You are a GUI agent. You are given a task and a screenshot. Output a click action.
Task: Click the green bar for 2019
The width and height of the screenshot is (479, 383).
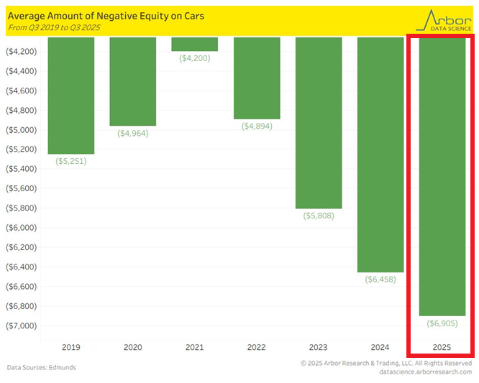tap(70, 96)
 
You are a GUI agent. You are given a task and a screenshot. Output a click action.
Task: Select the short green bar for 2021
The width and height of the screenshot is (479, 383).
tap(195, 44)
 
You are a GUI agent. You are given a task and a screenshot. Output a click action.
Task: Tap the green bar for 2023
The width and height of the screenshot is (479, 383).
tap(319, 122)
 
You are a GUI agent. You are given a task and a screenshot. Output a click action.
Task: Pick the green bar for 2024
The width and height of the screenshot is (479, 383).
tap(380, 154)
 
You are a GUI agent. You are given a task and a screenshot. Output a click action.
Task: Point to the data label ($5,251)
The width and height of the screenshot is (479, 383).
tap(70, 162)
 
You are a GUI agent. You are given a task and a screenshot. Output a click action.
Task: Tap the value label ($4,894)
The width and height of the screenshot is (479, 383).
tap(257, 127)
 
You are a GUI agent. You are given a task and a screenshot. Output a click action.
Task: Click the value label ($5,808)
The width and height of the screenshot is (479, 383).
tap(319, 216)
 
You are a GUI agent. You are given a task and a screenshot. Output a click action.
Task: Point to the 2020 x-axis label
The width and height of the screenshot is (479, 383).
tap(132, 347)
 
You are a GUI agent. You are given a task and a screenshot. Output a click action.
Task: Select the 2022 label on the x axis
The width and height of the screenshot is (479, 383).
tap(257, 347)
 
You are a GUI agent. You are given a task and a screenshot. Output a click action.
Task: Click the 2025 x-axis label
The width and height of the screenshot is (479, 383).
tap(442, 347)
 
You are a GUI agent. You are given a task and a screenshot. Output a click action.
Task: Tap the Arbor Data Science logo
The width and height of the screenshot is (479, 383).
tap(448, 20)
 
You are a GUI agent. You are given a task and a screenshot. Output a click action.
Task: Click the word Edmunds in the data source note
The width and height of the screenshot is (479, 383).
tap(63, 368)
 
